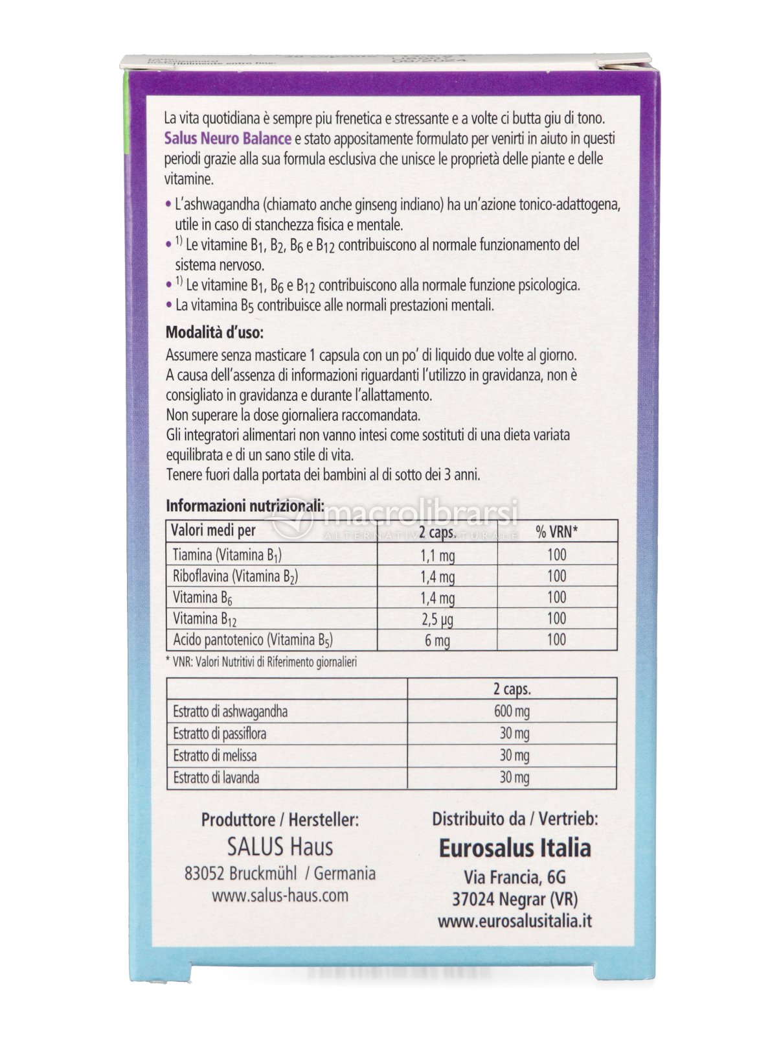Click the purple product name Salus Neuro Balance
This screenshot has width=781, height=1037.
227,139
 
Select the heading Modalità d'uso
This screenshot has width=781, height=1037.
214,333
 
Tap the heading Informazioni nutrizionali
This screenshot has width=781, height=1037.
244,506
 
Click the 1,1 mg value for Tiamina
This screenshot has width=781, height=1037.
438,555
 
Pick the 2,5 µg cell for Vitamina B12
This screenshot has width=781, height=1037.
438,619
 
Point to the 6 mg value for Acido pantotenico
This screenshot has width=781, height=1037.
438,640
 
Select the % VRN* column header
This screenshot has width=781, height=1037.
557,532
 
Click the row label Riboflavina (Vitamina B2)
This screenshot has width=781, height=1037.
235,576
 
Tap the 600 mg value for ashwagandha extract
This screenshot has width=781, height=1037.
512,712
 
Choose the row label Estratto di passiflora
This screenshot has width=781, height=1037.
220,734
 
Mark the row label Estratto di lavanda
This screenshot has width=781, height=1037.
216,777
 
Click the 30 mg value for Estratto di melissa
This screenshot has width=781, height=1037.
514,755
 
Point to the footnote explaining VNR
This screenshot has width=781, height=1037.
262,662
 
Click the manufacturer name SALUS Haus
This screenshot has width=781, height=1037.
280,846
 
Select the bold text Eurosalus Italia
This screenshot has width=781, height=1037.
515,848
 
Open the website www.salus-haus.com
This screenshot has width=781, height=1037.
280,896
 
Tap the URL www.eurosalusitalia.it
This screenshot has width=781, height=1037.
515,920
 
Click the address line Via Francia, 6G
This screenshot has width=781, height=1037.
515,877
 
